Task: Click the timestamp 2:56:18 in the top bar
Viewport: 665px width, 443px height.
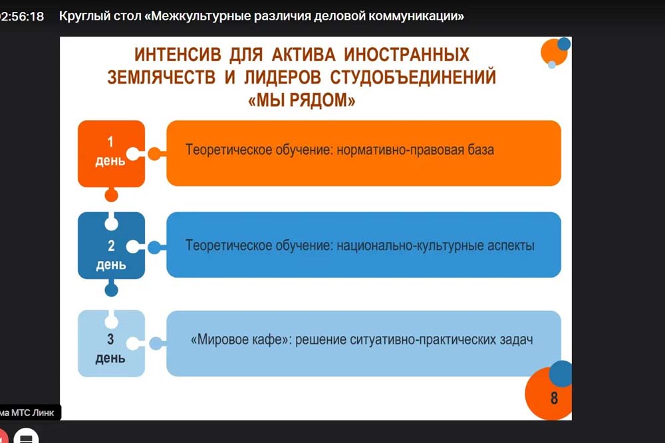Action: coord(22,17)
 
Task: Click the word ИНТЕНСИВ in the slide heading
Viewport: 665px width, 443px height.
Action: coord(178,54)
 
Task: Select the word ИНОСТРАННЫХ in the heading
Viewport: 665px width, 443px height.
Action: coord(406,54)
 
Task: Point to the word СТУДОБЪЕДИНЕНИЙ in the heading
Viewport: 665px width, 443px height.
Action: coord(413,77)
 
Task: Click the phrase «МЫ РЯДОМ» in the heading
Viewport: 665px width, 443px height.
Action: coord(301,100)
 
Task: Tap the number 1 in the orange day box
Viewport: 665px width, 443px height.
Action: coord(110,142)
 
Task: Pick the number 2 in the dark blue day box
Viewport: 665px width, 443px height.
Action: coord(111,246)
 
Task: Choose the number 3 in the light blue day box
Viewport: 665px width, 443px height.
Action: coord(110,339)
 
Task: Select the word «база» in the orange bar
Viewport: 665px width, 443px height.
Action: coord(481,149)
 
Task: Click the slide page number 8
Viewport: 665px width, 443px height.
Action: coord(554,398)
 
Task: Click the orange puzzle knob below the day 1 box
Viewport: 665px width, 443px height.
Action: coord(111,195)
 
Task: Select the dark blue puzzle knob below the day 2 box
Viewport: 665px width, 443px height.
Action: coord(111,290)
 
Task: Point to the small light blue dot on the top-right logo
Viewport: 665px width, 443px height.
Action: coord(552,65)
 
